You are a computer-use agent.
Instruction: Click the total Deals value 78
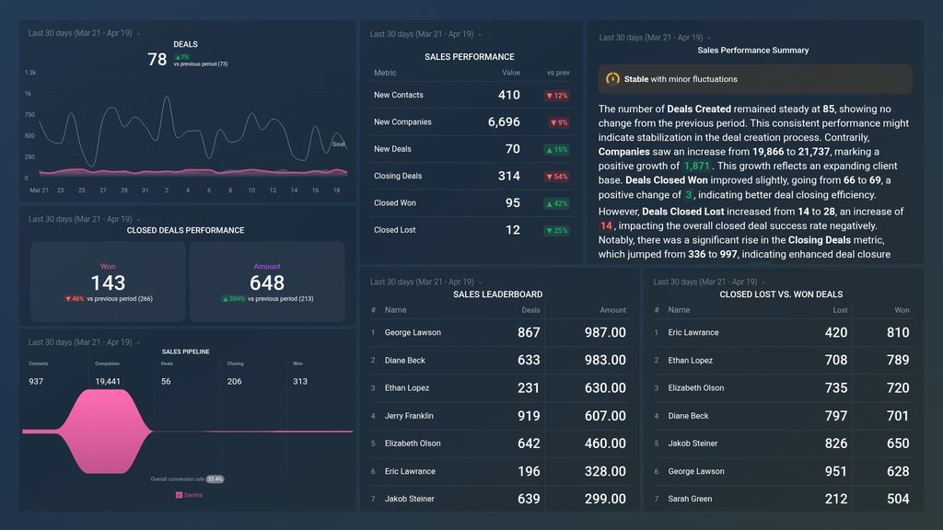(157, 60)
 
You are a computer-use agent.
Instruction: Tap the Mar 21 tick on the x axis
(39, 190)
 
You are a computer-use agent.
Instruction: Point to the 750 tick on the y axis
(29, 115)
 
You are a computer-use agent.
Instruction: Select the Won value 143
(108, 283)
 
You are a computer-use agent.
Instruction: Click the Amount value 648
(267, 283)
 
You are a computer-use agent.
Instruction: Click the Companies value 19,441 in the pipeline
(108, 381)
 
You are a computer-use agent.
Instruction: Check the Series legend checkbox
(180, 495)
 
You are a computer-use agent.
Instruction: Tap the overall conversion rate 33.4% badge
(215, 479)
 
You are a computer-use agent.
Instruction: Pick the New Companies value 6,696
(504, 122)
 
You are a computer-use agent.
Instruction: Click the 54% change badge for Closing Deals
(557, 177)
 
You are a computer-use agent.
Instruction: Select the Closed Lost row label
(395, 230)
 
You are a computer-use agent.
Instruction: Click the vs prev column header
(558, 73)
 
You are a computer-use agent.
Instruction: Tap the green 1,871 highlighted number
(697, 167)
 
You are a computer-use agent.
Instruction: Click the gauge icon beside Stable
(612, 79)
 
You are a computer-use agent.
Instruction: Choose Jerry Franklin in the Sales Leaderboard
(409, 416)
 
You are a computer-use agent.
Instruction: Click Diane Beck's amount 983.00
(605, 361)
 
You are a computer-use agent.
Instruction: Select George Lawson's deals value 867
(529, 333)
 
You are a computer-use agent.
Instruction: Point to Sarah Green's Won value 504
(898, 499)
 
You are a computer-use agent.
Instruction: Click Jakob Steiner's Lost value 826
(836, 444)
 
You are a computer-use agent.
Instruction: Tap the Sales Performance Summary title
(752, 51)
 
